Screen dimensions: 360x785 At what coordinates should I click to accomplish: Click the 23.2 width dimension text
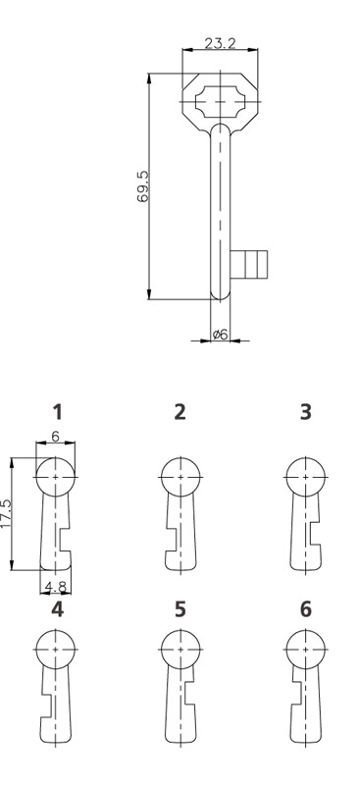point(220,43)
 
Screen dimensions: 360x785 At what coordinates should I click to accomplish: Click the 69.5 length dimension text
point(142,186)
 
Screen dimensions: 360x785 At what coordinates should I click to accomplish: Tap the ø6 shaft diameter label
point(220,334)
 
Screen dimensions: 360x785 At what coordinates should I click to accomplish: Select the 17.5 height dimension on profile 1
point(6,513)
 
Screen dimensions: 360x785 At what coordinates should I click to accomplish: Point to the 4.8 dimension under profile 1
point(55,585)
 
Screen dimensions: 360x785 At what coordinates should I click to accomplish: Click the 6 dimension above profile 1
point(55,437)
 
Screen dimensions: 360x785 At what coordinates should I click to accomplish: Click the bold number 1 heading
point(58,412)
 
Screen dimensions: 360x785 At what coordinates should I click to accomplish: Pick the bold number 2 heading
point(180,412)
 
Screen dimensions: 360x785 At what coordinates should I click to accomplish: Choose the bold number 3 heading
point(305,412)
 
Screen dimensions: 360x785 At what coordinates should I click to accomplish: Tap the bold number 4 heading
point(58,609)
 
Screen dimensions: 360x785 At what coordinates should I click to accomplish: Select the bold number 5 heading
point(180,609)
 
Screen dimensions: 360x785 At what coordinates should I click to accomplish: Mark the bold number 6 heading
point(305,609)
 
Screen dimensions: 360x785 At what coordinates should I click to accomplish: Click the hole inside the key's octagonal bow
point(220,102)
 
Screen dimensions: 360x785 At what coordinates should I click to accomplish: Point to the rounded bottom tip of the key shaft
point(220,295)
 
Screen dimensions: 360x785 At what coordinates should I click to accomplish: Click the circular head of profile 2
point(180,477)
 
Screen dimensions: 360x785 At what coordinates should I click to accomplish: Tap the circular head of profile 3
point(305,477)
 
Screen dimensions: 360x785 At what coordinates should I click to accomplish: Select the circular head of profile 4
point(55,650)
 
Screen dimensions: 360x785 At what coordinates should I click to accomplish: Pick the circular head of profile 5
point(180,650)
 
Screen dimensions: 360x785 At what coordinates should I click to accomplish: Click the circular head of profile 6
point(305,650)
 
